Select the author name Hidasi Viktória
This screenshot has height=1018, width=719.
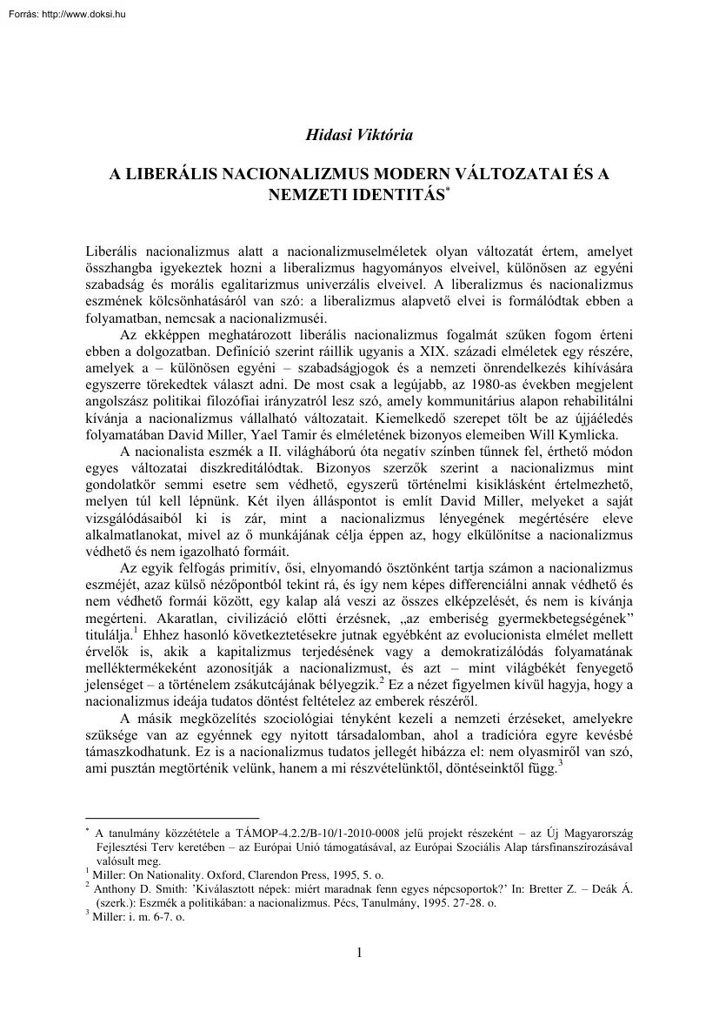[x=358, y=135]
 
